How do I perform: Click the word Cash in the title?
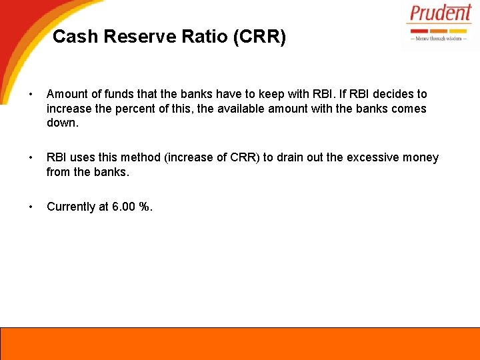point(73,37)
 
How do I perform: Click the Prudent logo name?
point(440,14)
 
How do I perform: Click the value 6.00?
point(123,207)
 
